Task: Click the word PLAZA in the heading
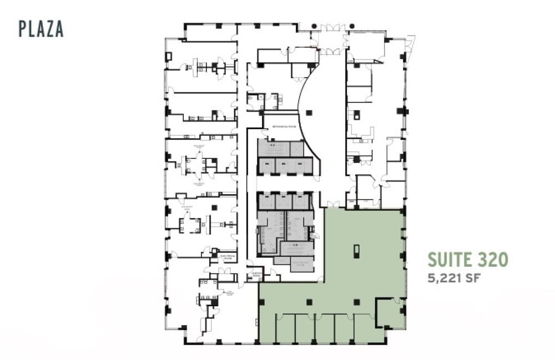click(x=41, y=28)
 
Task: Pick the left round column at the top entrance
click(x=314, y=26)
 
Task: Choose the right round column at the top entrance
click(x=351, y=26)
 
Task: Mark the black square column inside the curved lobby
click(x=308, y=113)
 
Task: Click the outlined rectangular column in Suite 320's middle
click(x=356, y=251)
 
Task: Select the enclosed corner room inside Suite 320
click(x=391, y=313)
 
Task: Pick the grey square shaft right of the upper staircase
click(x=297, y=149)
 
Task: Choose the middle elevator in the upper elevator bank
click(x=284, y=165)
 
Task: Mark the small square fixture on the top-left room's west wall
click(x=169, y=57)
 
